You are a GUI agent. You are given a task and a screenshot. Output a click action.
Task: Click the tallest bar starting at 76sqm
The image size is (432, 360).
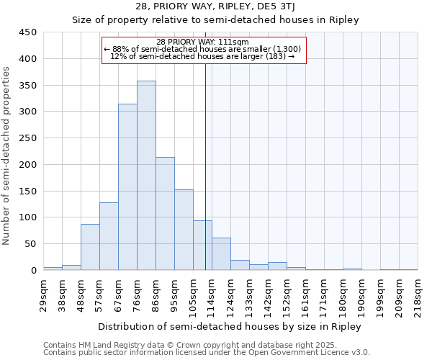point(146,176)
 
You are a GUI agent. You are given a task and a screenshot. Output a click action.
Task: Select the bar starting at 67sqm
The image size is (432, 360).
point(127,187)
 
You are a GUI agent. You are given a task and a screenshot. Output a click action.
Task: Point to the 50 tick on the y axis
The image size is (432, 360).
point(30,244)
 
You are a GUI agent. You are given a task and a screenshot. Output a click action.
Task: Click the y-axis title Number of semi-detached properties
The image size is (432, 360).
point(7,156)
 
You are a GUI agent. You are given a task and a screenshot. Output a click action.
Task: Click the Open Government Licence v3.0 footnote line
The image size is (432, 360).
point(206,353)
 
